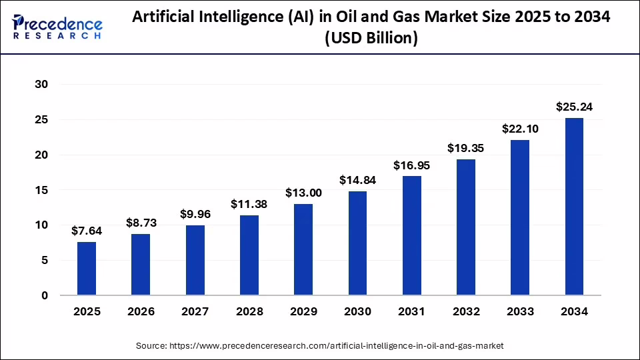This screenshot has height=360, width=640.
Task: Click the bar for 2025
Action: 87,269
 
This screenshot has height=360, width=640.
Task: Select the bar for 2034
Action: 574,207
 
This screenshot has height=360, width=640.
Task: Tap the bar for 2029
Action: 303,249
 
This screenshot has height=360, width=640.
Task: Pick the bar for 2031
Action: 411,235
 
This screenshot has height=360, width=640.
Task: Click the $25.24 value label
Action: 574,107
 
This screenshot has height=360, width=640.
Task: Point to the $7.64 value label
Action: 87,231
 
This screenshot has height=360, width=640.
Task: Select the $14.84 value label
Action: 357,179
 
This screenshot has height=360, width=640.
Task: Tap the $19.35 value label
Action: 465,148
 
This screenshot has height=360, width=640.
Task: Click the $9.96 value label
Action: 195,214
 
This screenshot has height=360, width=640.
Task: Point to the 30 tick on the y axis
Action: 41,85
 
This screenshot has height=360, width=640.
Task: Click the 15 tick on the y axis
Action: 41,190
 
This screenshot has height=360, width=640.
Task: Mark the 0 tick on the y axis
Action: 45,295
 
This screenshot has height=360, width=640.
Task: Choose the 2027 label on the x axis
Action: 195,311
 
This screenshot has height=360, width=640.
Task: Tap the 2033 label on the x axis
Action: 520,311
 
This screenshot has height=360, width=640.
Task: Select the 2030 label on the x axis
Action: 357,311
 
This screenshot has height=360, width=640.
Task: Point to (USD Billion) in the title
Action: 371,39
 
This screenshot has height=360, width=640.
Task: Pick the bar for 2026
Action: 141,265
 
